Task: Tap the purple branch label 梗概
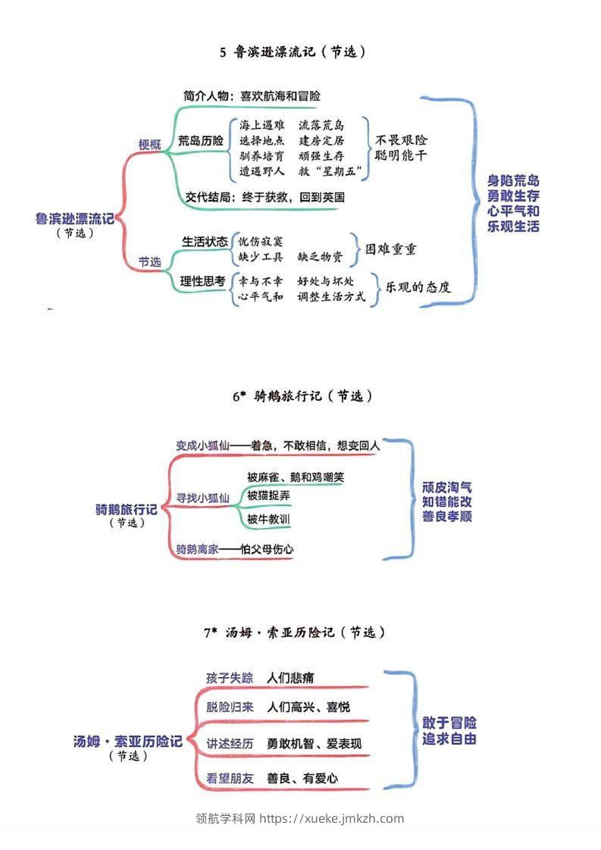(x=149, y=144)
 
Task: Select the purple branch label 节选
(x=149, y=262)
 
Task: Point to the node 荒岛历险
(x=201, y=141)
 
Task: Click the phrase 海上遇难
(x=262, y=125)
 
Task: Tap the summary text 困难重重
(x=390, y=249)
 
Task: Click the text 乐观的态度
(x=418, y=288)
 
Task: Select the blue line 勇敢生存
(x=514, y=195)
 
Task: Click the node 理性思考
(x=203, y=281)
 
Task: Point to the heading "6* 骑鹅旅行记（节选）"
(x=302, y=396)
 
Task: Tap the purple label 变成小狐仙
(x=202, y=445)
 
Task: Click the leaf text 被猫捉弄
(x=268, y=495)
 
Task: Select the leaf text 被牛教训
(x=268, y=520)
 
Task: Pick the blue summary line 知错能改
(x=447, y=502)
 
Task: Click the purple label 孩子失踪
(x=230, y=677)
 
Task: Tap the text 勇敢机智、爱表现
(x=315, y=744)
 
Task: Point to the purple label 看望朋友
(x=230, y=778)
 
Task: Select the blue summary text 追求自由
(x=449, y=739)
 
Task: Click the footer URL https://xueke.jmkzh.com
(x=332, y=818)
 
